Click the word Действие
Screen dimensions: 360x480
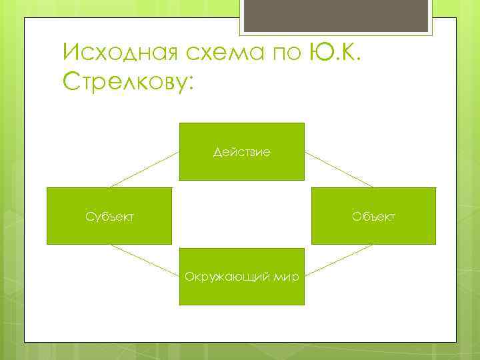point(241,153)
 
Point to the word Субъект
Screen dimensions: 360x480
point(109,216)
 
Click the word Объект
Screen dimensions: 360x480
point(374,216)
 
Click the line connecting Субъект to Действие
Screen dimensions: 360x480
point(144,169)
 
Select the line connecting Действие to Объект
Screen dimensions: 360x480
point(339,169)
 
